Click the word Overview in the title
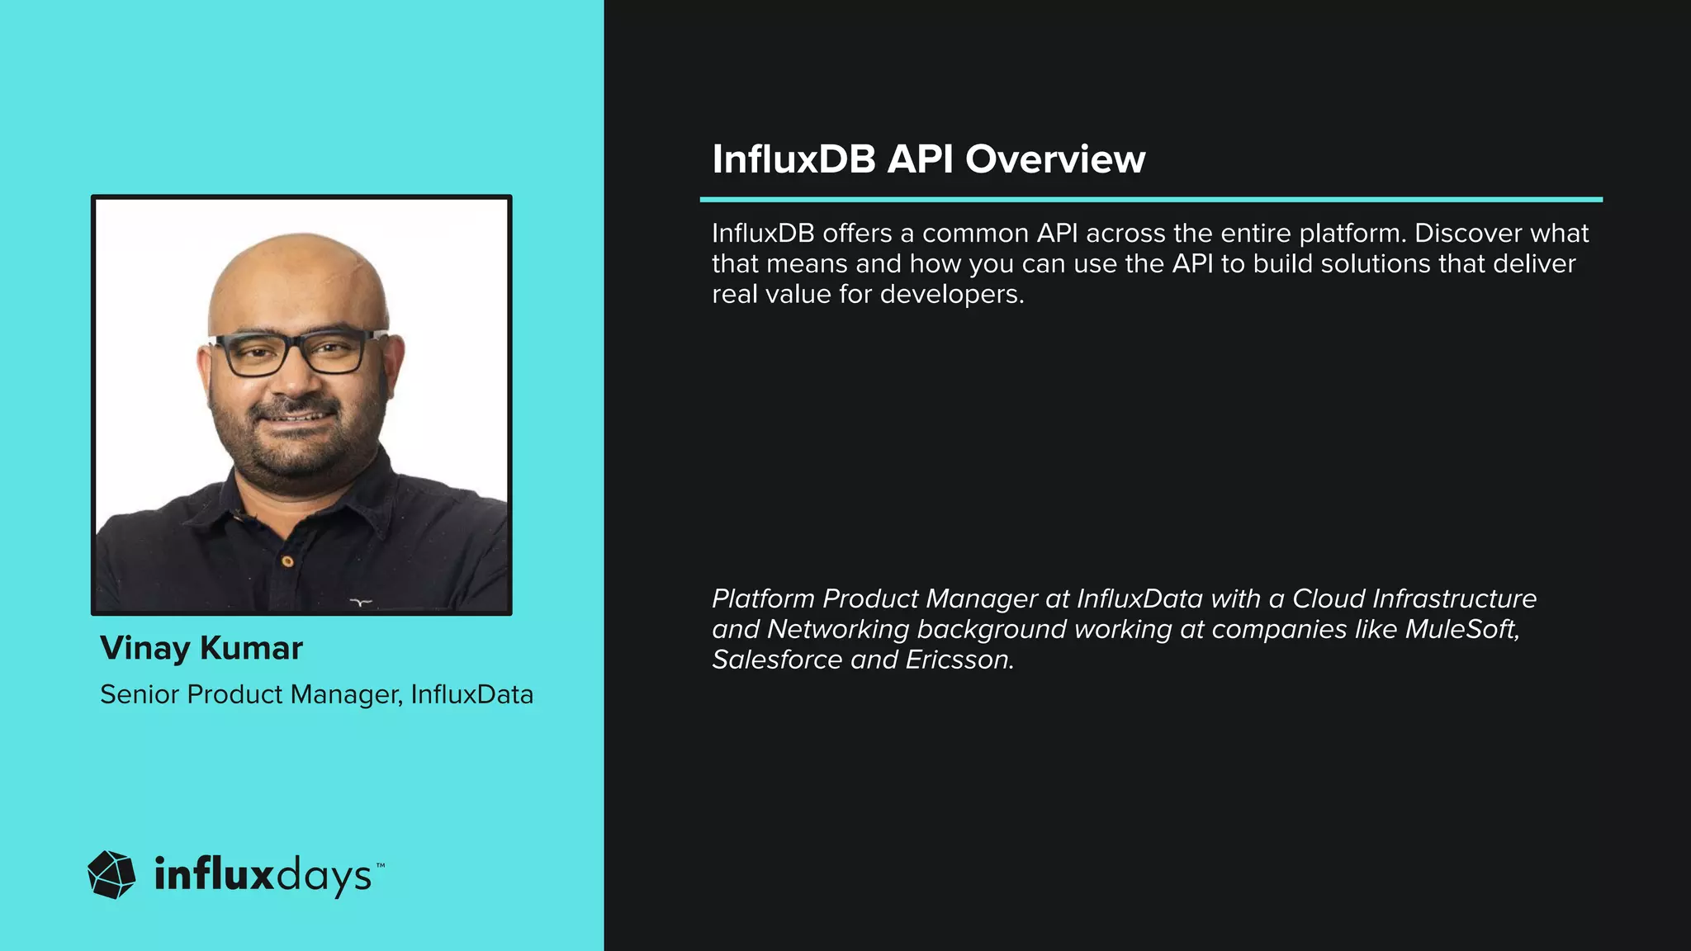(1055, 158)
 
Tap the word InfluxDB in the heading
(793, 158)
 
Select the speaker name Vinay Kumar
(201, 648)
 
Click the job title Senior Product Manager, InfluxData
(316, 694)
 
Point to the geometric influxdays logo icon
(111, 874)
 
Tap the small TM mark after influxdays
(381, 865)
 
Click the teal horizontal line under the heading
(1151, 199)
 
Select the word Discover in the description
(1457, 234)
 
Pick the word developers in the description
(950, 295)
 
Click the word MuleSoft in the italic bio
(1461, 629)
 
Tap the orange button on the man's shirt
(287, 561)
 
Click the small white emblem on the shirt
(361, 602)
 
